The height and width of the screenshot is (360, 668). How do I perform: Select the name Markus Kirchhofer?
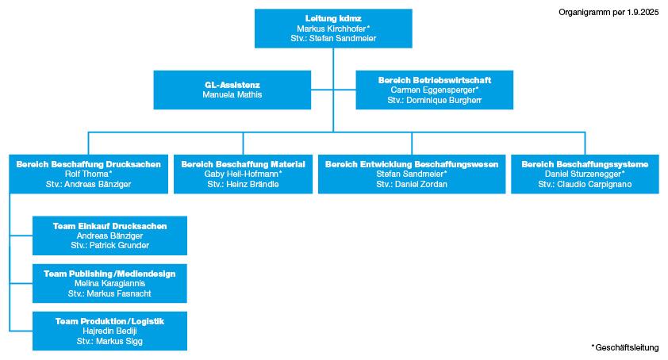click(x=332, y=28)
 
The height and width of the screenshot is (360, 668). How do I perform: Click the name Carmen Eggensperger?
click(x=434, y=90)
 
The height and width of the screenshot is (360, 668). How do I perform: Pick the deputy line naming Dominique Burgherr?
click(x=434, y=101)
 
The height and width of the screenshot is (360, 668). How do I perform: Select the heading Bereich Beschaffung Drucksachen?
click(x=89, y=164)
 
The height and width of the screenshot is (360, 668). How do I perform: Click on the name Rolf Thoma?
click(x=89, y=174)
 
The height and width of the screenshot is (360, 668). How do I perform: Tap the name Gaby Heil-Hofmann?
click(x=243, y=174)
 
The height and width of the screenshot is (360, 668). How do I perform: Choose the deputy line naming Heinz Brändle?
click(x=243, y=184)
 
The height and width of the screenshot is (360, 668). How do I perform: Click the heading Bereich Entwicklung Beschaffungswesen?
click(x=411, y=164)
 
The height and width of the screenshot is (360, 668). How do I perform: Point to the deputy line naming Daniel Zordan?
click(x=411, y=184)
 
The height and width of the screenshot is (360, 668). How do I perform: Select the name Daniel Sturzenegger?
click(x=585, y=174)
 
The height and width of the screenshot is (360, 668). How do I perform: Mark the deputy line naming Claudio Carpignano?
click(x=585, y=184)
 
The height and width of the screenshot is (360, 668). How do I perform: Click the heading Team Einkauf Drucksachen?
click(x=109, y=226)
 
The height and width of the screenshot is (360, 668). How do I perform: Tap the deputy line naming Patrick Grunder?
click(x=109, y=246)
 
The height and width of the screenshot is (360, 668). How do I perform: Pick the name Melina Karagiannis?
click(x=109, y=283)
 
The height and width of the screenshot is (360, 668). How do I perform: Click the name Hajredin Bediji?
click(x=109, y=331)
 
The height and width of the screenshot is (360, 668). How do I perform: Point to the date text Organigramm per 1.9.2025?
click(x=608, y=12)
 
